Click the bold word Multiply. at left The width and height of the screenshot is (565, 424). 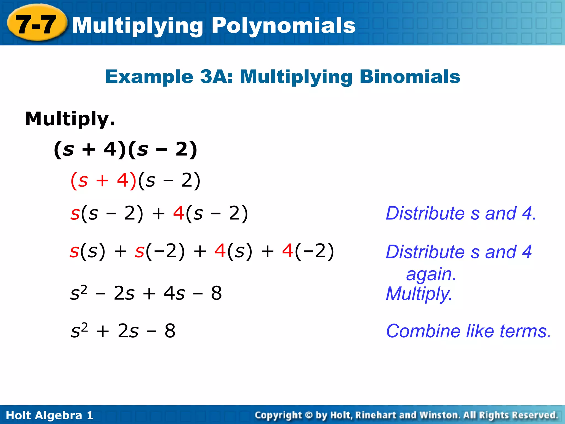[x=70, y=119]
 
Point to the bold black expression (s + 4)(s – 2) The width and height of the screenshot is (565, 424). [x=126, y=149]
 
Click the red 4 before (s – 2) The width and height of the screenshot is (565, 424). [x=179, y=213]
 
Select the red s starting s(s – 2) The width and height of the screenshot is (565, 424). [x=75, y=214]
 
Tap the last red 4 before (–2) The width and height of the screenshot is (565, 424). [x=288, y=251]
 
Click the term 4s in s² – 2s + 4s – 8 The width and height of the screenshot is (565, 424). [x=174, y=293]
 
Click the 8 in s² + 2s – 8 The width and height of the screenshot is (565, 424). [x=170, y=331]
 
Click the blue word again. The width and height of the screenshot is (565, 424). [x=431, y=274]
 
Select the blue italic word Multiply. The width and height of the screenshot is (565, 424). [x=419, y=294]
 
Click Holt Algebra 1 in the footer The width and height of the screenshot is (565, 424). [x=50, y=415]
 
